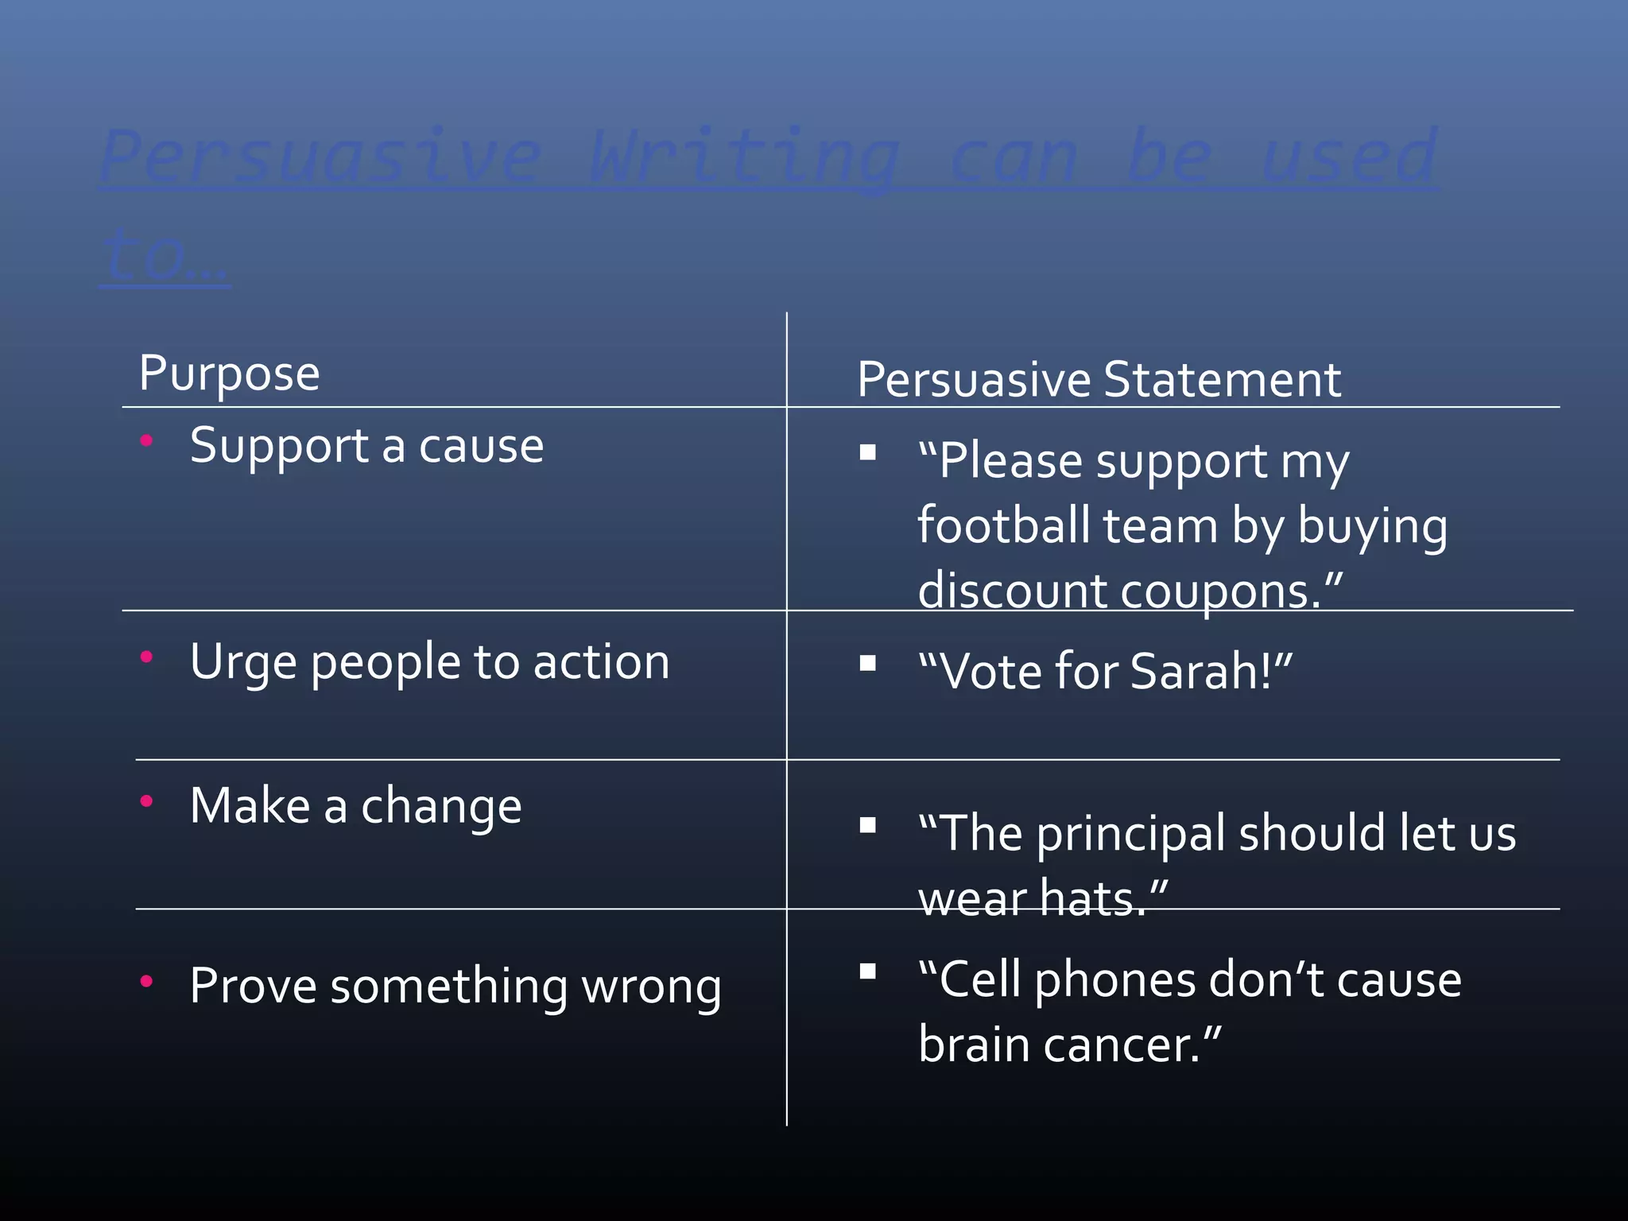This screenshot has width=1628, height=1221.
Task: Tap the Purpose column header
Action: click(x=229, y=373)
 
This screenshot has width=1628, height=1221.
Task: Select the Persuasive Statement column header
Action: click(x=1099, y=379)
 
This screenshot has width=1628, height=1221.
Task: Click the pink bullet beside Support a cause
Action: click(x=146, y=440)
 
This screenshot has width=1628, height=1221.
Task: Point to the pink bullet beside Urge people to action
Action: click(x=146, y=657)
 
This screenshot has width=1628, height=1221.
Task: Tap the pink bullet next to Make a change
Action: click(x=146, y=800)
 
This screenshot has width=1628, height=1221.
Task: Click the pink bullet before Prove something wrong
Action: click(x=146, y=981)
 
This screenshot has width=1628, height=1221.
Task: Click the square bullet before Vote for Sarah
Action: click(x=867, y=663)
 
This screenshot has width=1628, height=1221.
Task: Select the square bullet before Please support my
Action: click(x=867, y=452)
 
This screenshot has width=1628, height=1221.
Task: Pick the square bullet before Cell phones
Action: click(x=867, y=971)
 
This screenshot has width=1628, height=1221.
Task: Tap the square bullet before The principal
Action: click(x=867, y=825)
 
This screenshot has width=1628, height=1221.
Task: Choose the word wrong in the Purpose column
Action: click(x=651, y=987)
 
